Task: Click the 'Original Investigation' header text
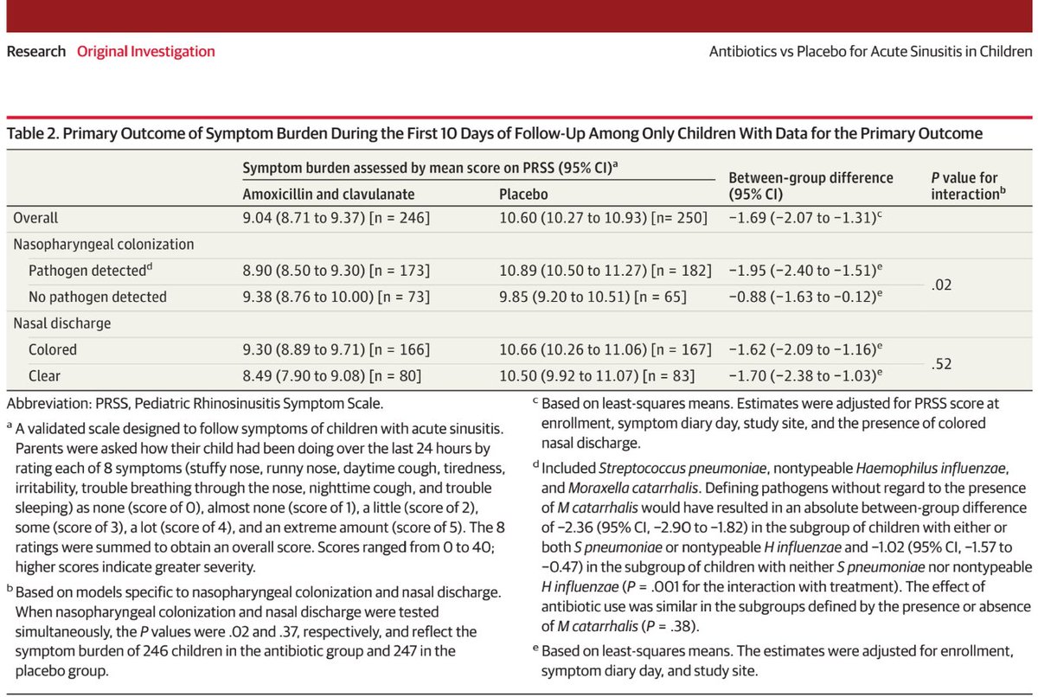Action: (x=146, y=51)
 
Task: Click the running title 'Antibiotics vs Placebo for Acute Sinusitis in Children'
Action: (x=869, y=51)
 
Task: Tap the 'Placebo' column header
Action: (x=523, y=195)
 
